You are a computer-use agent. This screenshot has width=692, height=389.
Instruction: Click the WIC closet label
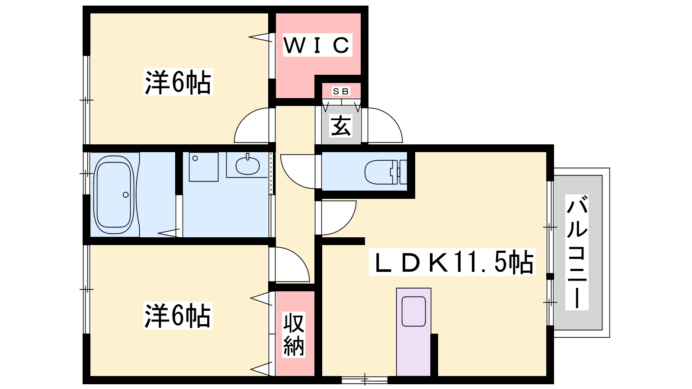click(317, 45)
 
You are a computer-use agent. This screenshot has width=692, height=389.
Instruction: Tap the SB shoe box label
click(341, 91)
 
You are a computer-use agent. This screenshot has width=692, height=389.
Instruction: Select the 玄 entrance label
click(341, 126)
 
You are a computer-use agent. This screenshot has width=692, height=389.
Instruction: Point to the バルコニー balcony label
click(577, 252)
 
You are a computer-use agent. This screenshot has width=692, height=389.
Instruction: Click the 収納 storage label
click(294, 335)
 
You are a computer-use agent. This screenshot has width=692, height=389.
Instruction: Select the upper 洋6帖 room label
click(178, 82)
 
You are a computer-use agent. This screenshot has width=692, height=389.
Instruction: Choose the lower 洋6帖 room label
click(178, 316)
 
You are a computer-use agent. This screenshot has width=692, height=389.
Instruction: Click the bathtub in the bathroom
click(114, 195)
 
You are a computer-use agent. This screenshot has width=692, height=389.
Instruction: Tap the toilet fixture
click(385, 172)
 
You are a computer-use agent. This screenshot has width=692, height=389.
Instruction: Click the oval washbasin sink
click(247, 166)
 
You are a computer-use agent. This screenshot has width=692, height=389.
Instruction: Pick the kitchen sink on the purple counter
click(413, 311)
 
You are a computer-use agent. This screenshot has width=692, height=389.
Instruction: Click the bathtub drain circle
click(126, 195)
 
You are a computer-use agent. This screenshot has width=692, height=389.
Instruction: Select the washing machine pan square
click(204, 167)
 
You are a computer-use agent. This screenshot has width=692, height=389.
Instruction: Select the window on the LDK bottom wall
click(365, 379)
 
